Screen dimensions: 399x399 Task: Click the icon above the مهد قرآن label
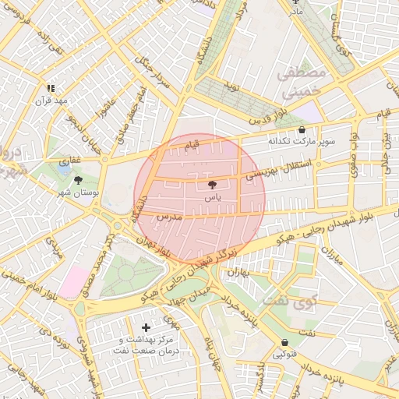pos(51,88)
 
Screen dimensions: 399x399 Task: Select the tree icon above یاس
pos(212,185)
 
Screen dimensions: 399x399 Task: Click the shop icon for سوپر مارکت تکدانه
pos(302,130)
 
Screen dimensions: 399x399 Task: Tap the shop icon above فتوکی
pos(284,342)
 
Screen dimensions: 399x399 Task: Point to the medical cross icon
pos(147,327)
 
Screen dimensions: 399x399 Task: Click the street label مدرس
pos(169,217)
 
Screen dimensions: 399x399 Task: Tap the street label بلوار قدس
pos(269,115)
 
